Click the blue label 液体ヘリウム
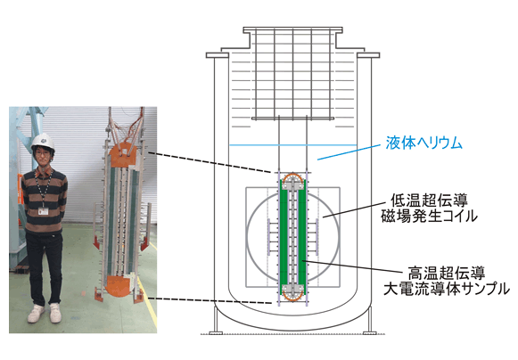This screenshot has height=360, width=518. (x=423, y=143)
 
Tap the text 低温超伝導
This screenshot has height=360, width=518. (x=429, y=200)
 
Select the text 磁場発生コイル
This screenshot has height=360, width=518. (x=429, y=217)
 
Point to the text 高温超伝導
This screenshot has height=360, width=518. (x=447, y=274)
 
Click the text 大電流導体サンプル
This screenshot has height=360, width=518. (x=447, y=289)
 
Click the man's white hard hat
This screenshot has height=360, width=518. (x=43, y=142)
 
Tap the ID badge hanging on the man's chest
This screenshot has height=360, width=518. (x=43, y=210)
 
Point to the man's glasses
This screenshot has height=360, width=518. (x=43, y=153)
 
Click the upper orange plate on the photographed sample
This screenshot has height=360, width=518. (x=123, y=155)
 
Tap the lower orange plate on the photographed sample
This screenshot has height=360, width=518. (x=119, y=287)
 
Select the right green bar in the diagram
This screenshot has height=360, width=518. (x=302, y=236)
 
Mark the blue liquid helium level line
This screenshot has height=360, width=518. (x=293, y=145)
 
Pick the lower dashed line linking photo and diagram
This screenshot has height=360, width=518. (x=210, y=300)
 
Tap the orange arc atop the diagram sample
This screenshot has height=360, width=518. (x=293, y=176)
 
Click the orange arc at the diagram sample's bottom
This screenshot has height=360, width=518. (x=293, y=298)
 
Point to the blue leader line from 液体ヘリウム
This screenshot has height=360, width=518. (x=349, y=152)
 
